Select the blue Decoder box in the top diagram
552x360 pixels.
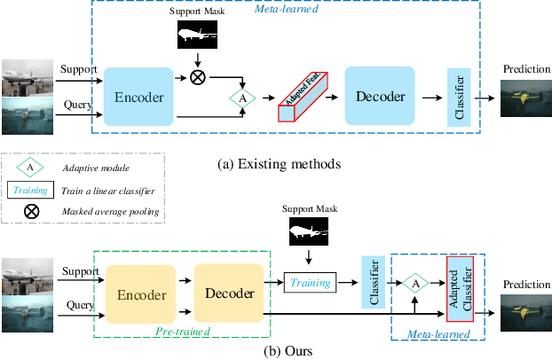[380, 96]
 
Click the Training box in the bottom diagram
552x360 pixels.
[311, 283]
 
